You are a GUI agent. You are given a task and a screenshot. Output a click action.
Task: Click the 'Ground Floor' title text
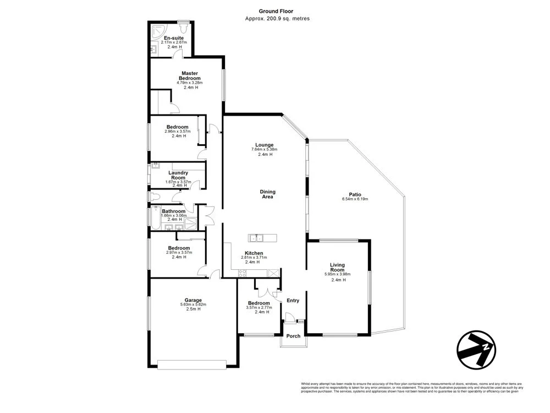click(x=277, y=11)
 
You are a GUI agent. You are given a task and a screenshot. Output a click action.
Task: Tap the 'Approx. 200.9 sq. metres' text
click(x=277, y=19)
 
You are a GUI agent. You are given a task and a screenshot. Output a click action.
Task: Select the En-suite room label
click(x=173, y=37)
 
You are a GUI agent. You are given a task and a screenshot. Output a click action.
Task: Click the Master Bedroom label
click(x=190, y=75)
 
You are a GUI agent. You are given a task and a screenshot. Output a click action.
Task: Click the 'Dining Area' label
click(x=267, y=194)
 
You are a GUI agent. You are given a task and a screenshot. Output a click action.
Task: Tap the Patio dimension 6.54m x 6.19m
click(x=355, y=199)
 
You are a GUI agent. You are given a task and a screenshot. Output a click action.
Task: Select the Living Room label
click(x=337, y=267)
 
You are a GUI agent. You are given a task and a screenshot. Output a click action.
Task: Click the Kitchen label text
click(x=254, y=253)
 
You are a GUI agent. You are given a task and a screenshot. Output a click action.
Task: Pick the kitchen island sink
click(x=256, y=238)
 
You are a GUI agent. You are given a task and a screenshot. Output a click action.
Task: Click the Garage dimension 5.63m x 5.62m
click(x=193, y=305)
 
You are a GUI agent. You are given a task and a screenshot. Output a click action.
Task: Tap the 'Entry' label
click(x=293, y=300)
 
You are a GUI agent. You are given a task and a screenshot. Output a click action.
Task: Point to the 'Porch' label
click(x=294, y=336)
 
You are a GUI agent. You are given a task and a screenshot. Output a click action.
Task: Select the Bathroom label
click(x=173, y=211)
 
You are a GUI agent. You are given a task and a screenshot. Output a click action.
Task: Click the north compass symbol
click(x=476, y=349)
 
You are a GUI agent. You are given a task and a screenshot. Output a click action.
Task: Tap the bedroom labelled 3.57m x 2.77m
click(x=258, y=307)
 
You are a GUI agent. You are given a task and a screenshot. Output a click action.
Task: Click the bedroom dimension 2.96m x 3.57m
click(x=178, y=132)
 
